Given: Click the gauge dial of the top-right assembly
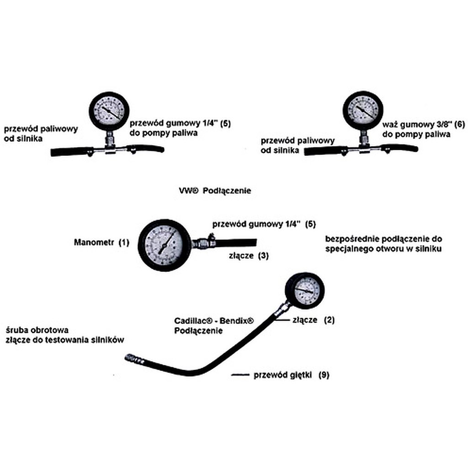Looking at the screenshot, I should coord(362,111).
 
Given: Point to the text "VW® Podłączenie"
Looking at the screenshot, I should coord(215,191).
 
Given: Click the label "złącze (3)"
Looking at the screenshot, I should coord(248,255).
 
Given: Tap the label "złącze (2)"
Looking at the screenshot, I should coord(313,320).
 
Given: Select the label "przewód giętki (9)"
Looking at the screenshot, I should coord(291,375).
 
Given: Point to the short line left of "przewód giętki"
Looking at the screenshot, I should coord(240,375).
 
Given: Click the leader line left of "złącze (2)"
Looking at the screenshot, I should coord(283,320).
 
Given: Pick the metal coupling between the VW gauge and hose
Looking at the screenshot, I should coord(201,243).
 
